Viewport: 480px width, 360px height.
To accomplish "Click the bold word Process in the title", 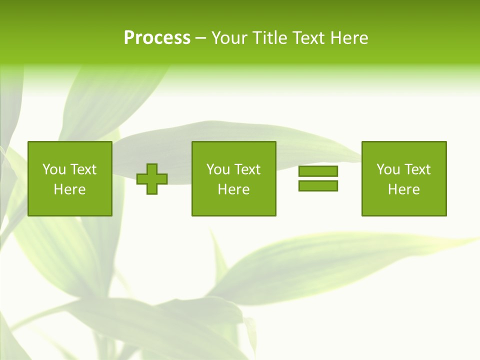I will (157, 38).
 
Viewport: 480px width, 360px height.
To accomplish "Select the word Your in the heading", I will (230, 38).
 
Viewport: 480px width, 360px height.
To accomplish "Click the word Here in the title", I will (349, 38).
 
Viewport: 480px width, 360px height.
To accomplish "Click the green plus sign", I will (152, 178).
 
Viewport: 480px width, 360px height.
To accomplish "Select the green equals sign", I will (318, 178).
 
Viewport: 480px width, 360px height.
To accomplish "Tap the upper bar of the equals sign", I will (318, 171).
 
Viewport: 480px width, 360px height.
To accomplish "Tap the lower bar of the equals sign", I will (318, 185).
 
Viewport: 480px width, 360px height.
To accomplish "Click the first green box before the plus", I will (69, 178).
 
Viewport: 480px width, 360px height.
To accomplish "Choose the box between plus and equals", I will (233, 178).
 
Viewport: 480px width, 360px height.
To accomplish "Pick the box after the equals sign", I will (404, 178).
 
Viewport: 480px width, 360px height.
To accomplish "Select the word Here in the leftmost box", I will (69, 189).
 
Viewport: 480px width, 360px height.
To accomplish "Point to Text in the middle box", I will (247, 169).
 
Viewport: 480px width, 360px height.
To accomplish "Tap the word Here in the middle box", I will (233, 189).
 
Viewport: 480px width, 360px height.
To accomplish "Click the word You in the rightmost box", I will (388, 169).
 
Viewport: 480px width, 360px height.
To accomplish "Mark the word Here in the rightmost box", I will (403, 189).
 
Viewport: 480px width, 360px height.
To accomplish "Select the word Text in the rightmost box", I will (417, 169).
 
